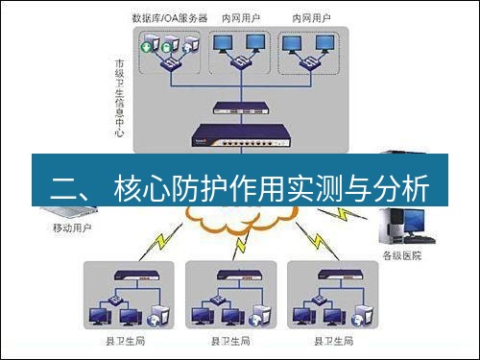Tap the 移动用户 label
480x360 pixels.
click(72, 228)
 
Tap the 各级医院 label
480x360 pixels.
click(401, 257)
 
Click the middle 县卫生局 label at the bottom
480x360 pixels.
click(230, 341)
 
